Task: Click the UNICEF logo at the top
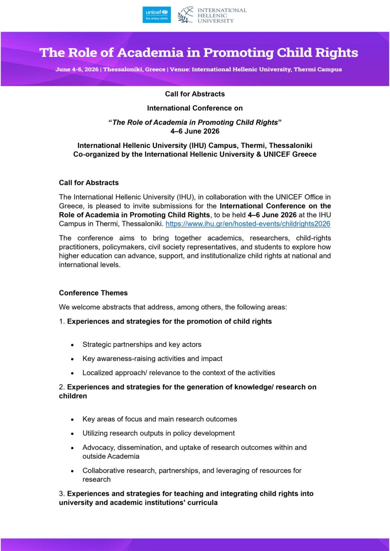click(157, 15)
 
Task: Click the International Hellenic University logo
click(212, 15)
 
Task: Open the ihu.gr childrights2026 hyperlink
click(248, 224)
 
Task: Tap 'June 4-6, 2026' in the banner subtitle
click(77, 69)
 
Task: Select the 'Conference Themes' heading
click(93, 293)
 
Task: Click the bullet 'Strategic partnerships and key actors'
click(142, 344)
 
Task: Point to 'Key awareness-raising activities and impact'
click(152, 358)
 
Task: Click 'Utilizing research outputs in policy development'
click(159, 433)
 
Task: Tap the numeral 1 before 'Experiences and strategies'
click(61, 321)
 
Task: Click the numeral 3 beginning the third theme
click(61, 494)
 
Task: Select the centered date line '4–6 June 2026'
click(195, 131)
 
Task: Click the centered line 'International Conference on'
click(195, 108)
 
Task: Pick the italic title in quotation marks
click(195, 122)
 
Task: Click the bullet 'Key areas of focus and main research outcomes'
click(160, 419)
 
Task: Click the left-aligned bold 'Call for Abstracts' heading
click(89, 182)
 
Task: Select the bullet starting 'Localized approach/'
click(179, 373)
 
